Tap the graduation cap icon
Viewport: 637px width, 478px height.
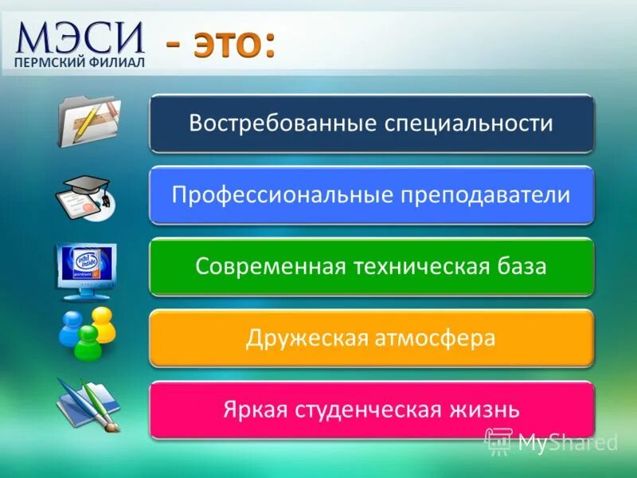pyautogui.click(x=87, y=196)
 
